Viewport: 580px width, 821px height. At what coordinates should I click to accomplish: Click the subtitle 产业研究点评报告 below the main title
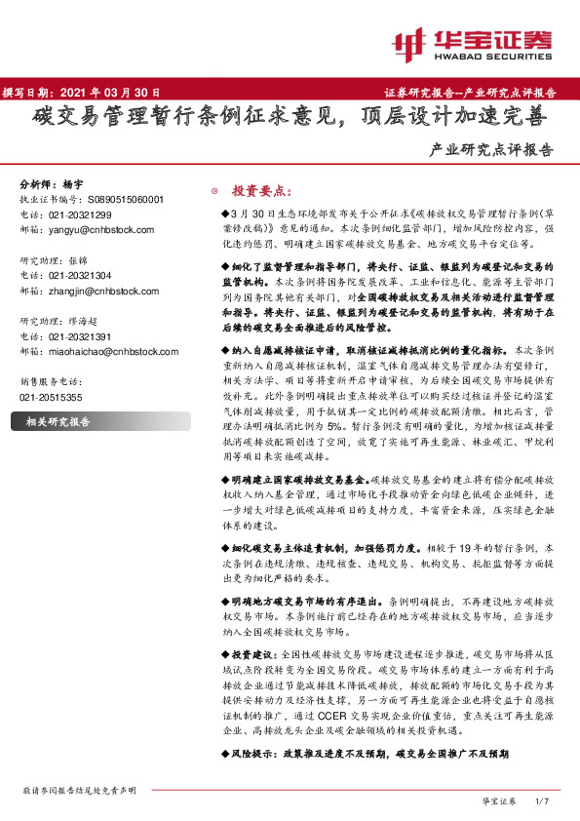tap(491, 150)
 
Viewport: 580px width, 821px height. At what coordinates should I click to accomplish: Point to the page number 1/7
tap(543, 801)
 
